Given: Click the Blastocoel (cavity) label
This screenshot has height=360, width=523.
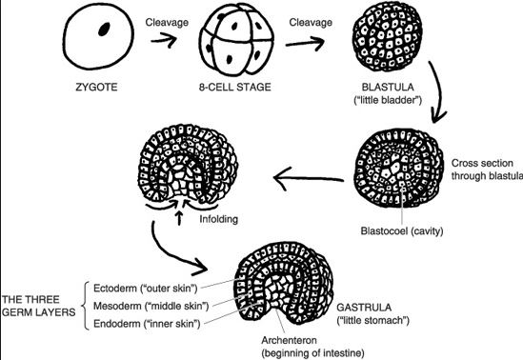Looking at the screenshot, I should pyautogui.click(x=415, y=230).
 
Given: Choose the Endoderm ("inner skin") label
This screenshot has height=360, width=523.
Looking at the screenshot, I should pyautogui.click(x=151, y=323).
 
